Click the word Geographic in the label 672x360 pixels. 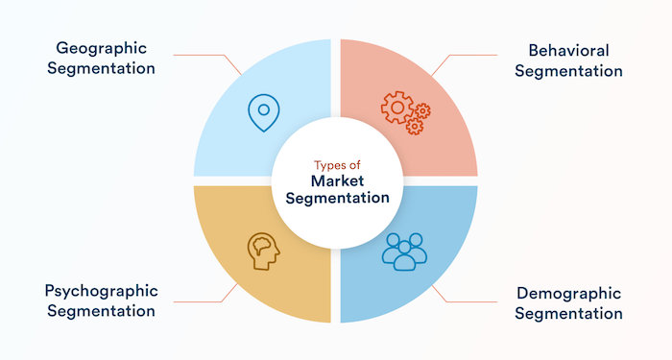pos(100,46)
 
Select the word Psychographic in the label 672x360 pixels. pos(100,290)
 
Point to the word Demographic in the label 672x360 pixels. pos(568,291)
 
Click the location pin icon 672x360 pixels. pos(259,112)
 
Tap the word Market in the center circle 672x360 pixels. pos(335,180)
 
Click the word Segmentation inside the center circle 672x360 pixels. pos(335,199)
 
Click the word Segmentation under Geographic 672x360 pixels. pos(100,69)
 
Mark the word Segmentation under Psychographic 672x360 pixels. pos(100,312)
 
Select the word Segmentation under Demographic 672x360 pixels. pos(568,314)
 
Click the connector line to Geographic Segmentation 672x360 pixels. pos(206,55)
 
